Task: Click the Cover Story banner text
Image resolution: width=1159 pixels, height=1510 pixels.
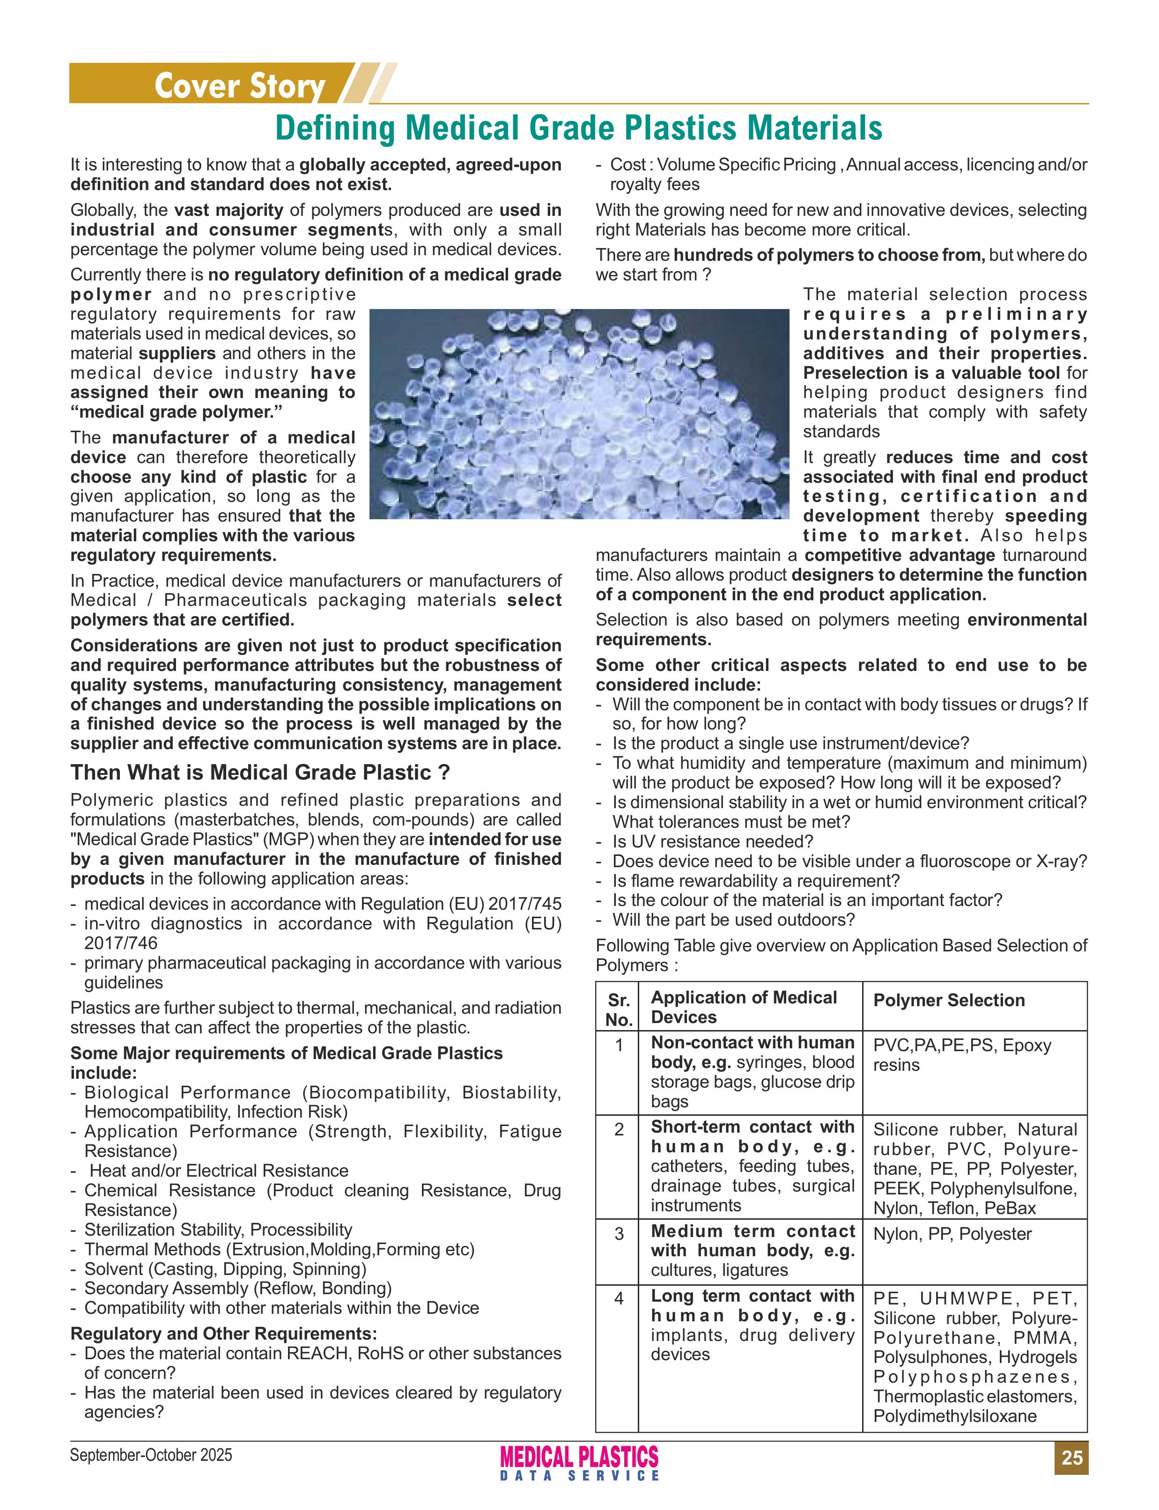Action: [x=239, y=86]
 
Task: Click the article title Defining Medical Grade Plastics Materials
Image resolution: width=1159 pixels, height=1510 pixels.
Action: [x=578, y=128]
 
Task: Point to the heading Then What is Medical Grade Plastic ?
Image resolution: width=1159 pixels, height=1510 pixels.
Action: [x=259, y=772]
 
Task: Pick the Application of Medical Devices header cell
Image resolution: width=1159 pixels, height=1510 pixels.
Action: [x=744, y=1007]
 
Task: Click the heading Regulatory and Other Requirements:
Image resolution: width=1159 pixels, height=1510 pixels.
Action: [x=223, y=1333]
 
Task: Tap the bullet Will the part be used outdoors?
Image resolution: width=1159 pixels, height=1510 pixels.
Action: [x=733, y=920]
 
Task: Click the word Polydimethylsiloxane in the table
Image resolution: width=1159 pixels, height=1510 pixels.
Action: [x=955, y=1416]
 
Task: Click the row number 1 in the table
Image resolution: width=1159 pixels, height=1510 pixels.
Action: [x=618, y=1045]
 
